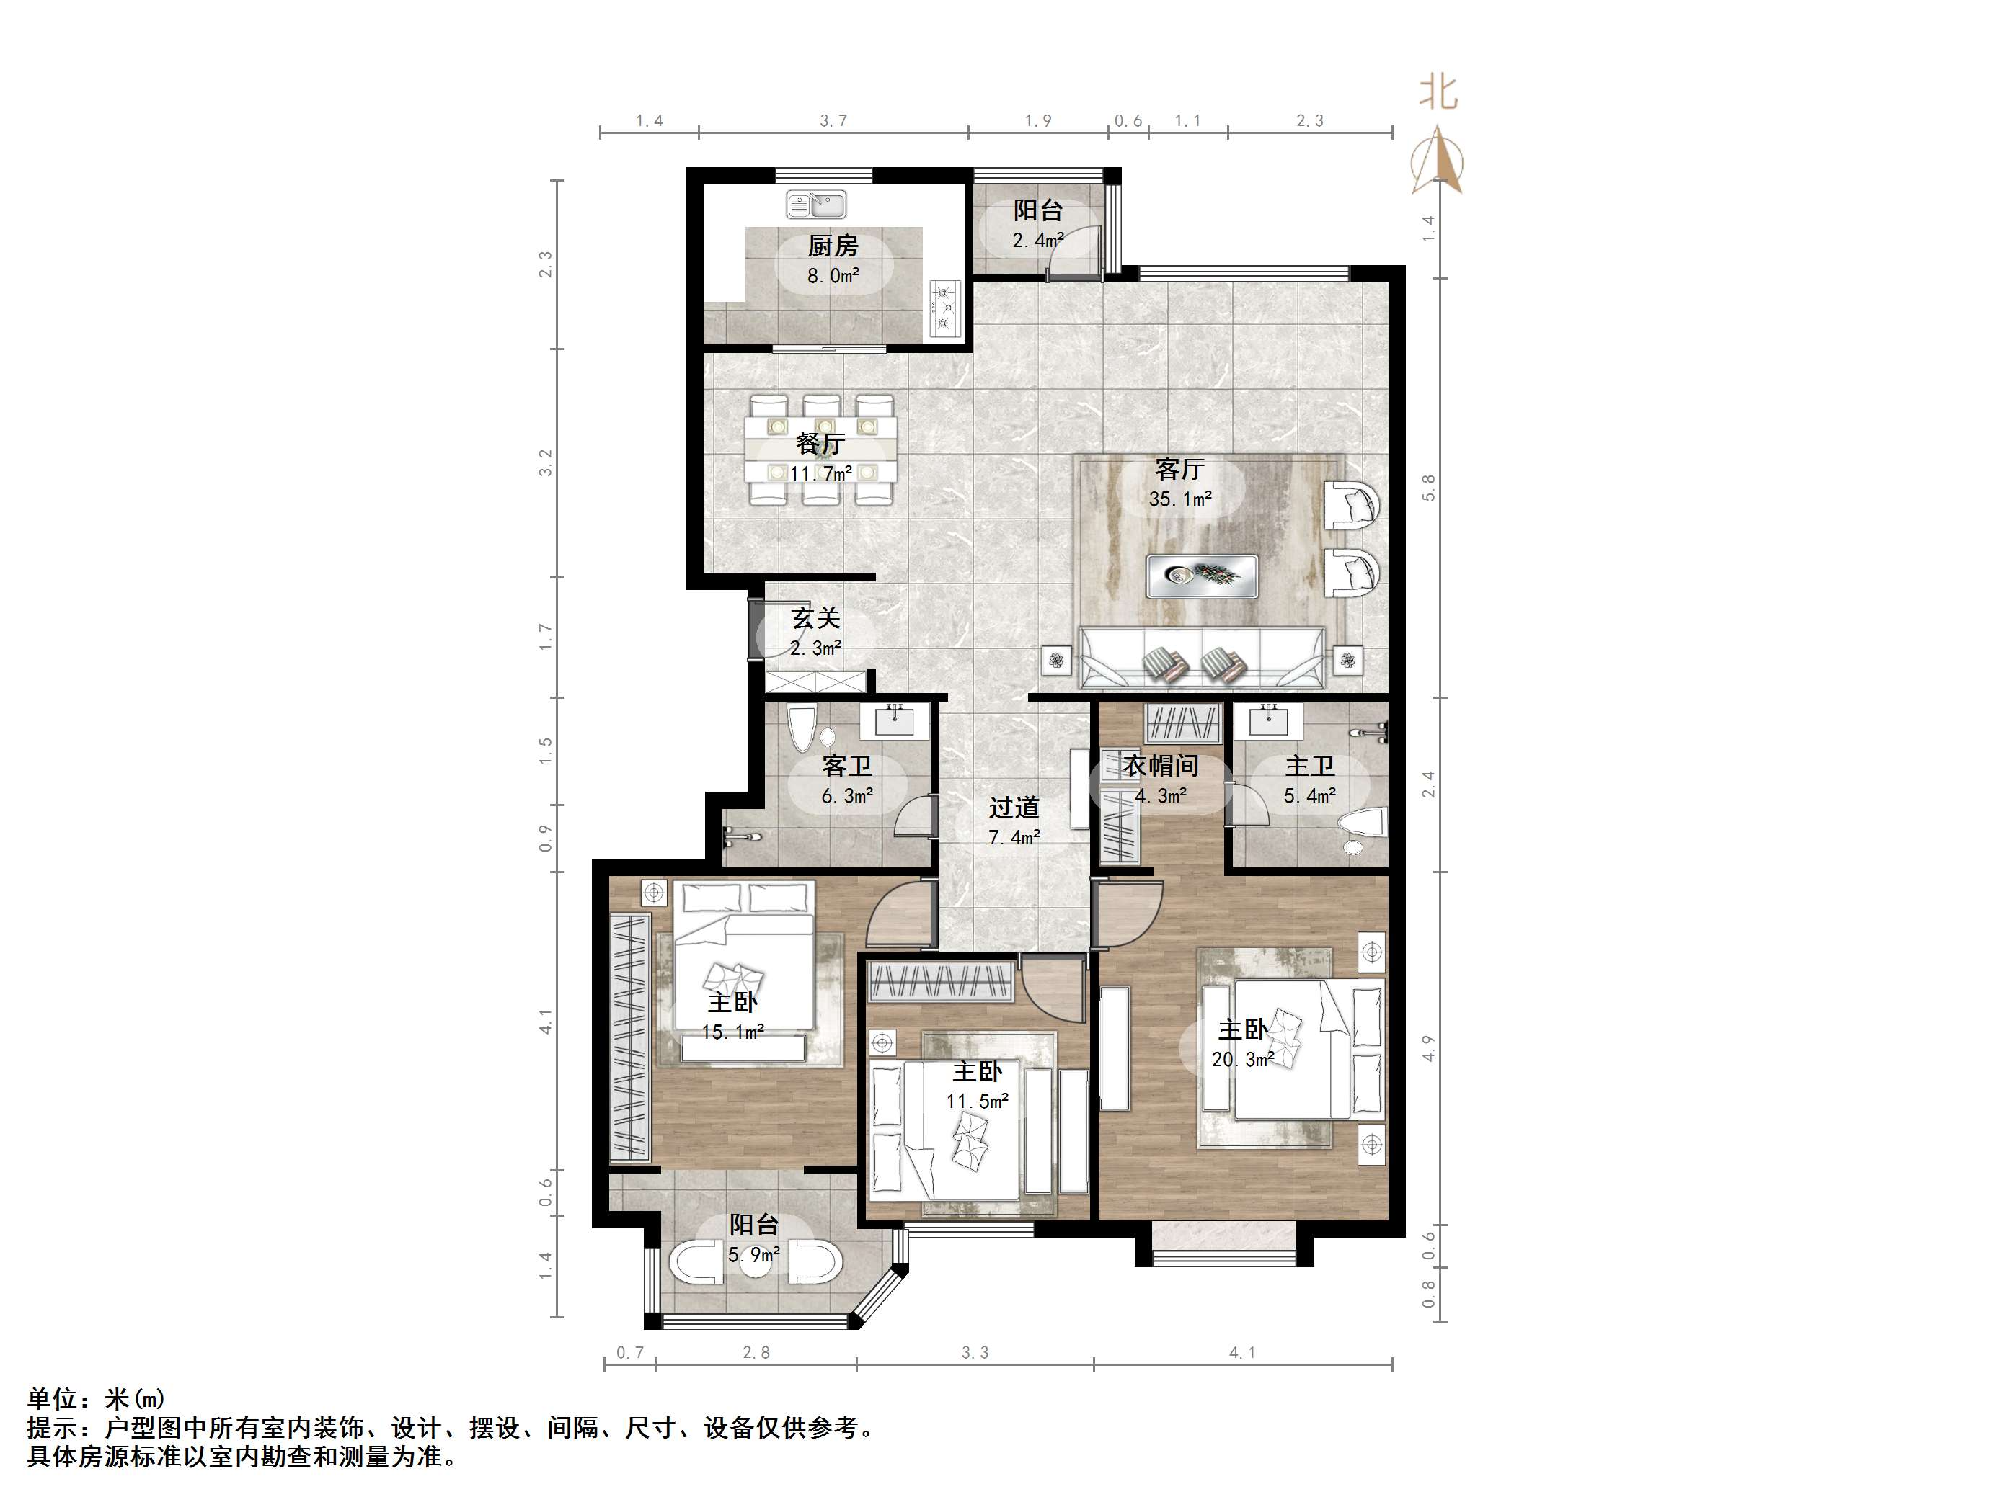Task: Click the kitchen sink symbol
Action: coord(815,205)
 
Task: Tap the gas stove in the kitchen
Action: coord(944,307)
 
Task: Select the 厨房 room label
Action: coord(833,246)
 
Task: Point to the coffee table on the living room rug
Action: coord(1202,576)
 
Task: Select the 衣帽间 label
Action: coord(1161,765)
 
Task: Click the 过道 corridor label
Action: coord(1014,808)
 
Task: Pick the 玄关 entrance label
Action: coord(815,618)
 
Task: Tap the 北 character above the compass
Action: coord(1438,91)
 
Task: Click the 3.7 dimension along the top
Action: coord(833,121)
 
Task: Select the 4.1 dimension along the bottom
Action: coord(1241,1351)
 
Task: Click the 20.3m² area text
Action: coord(1242,1060)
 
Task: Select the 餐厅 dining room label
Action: coord(820,444)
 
